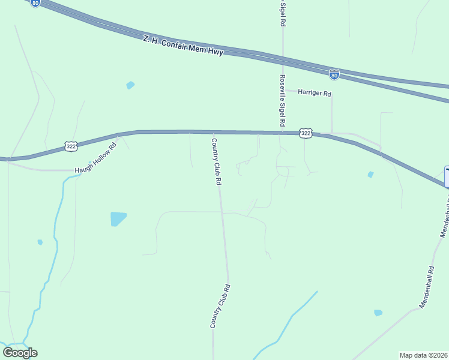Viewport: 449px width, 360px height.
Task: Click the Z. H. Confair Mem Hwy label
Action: pos(183,46)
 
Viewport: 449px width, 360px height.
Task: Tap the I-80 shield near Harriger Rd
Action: pos(334,74)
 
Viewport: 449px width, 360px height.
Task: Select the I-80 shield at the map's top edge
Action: pos(36,3)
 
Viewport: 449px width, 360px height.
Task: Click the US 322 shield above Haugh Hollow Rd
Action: pos(71,145)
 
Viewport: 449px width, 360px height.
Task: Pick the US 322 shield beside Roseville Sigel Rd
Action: pos(306,133)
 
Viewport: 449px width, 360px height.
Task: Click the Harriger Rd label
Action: pos(315,94)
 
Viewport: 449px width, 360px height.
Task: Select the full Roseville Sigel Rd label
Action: pos(282,100)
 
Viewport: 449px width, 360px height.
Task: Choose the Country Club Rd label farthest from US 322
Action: pos(220,305)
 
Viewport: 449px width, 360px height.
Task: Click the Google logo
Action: pos(20,352)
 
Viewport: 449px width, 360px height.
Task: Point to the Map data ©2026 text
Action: pos(423,355)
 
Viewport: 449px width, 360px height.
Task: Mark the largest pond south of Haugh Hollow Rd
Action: pos(118,218)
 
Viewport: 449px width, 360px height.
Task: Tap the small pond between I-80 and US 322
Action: pos(130,85)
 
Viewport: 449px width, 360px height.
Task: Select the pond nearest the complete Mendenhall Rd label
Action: pos(378,313)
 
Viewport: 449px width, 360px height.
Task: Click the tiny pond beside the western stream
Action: pos(40,242)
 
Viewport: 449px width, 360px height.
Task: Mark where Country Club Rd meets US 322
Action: pos(213,133)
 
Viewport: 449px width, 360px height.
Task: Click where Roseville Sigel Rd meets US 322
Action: pos(283,133)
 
